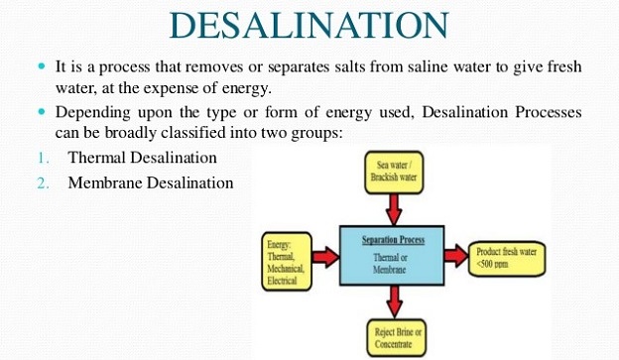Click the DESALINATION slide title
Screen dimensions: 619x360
coord(309,25)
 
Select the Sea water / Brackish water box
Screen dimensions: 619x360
coord(394,173)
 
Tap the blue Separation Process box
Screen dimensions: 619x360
coord(392,256)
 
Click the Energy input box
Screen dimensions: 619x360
coord(287,261)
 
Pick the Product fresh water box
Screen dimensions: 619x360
coord(507,259)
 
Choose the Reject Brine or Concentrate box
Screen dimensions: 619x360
coord(397,338)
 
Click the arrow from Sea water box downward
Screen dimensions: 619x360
coord(394,209)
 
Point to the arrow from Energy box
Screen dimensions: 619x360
coord(325,257)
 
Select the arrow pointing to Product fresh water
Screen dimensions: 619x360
coord(456,256)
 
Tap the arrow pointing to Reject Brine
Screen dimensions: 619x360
coord(394,301)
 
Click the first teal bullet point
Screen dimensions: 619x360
coord(42,65)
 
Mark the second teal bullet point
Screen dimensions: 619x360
coord(42,112)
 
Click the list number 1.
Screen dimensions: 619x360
coord(44,158)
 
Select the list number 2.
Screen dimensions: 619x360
coord(44,183)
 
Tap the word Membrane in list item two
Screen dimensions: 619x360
coord(105,182)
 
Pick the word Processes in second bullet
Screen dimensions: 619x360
coord(549,112)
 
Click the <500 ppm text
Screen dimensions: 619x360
coord(492,264)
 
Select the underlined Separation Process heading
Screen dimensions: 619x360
coord(393,240)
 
